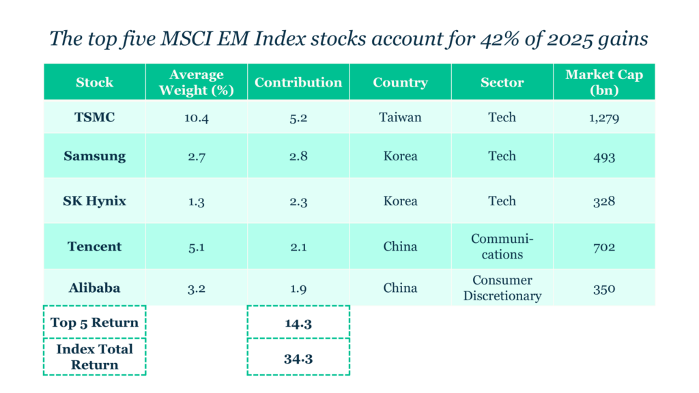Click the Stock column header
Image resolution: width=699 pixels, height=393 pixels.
(94, 83)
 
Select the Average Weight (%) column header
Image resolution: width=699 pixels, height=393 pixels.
(197, 83)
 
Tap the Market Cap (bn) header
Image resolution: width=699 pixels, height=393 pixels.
(604, 83)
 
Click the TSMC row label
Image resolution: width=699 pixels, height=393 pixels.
(94, 117)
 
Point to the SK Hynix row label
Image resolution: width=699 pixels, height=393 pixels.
(94, 201)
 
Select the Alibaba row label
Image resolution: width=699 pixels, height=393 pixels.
(94, 287)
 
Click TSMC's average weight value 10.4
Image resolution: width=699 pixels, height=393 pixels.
(197, 117)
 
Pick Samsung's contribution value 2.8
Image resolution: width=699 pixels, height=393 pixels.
(298, 156)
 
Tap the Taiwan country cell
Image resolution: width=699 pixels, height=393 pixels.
(400, 117)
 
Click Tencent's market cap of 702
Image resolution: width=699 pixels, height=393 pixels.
(604, 246)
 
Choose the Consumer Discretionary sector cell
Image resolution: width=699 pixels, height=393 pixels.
(502, 288)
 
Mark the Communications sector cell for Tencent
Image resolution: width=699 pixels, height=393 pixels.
(502, 246)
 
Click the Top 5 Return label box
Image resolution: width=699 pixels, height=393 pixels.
(94, 323)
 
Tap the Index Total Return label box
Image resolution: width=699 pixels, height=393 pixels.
(94, 357)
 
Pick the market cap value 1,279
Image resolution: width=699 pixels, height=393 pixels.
(604, 117)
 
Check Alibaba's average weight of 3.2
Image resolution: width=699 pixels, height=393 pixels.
(197, 287)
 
